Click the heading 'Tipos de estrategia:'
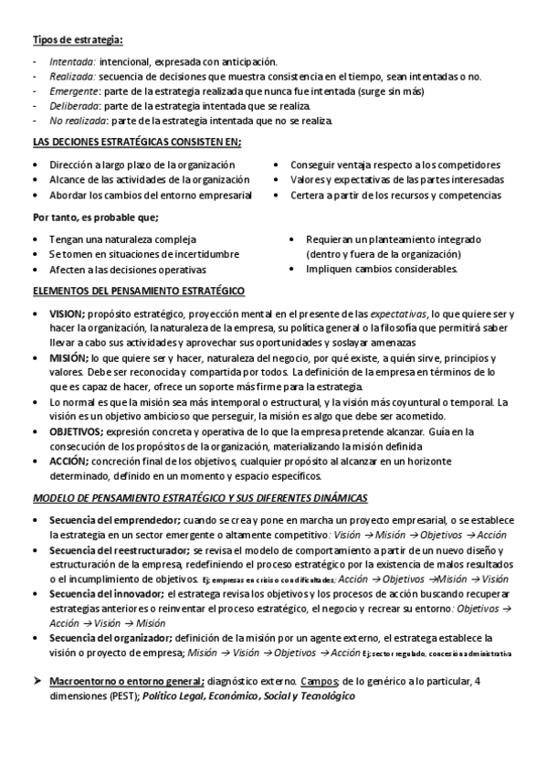pos(79,39)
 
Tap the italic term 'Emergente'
pos(73,91)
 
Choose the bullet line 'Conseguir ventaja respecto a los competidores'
pos(395,165)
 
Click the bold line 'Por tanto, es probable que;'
pos(96,218)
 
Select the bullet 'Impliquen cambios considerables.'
pos(382,270)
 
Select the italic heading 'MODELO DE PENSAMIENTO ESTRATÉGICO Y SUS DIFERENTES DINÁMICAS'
pos(200,498)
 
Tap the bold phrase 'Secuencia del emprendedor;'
pos(113,520)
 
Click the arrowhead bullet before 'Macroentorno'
pos(38,681)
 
